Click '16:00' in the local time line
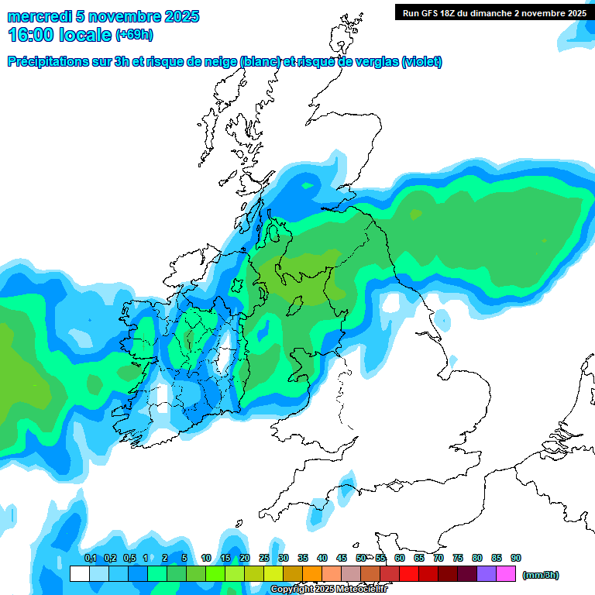[31, 35]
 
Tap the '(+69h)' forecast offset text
[134, 35]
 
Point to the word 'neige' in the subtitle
[220, 62]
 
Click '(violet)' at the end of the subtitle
[421, 62]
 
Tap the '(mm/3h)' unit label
[540, 575]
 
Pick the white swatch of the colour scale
[79, 574]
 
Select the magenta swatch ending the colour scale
[506, 574]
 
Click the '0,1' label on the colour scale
[90, 559]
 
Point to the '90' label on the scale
[516, 559]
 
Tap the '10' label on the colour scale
[206, 559]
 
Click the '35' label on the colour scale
[303, 559]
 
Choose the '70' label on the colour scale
[439, 559]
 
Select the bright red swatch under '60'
[409, 574]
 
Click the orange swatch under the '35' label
[312, 574]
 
